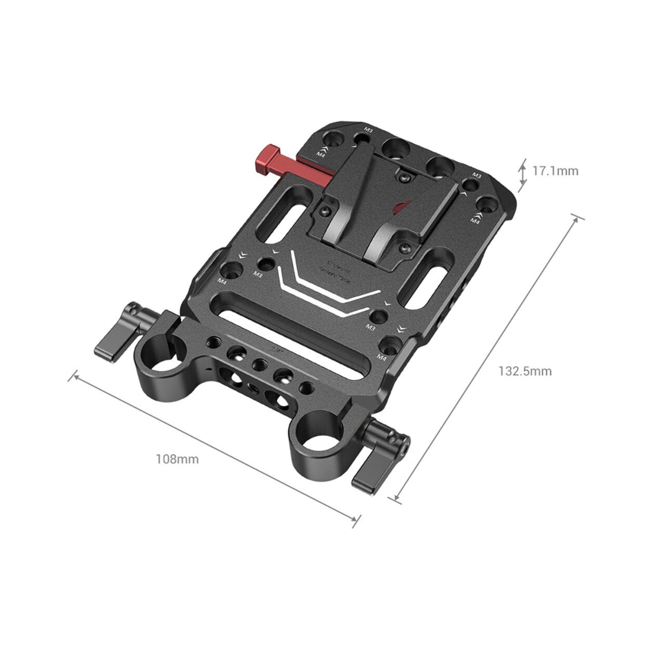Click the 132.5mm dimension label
pos(525,371)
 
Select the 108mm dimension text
pos(177,459)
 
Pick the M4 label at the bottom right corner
pos(381,358)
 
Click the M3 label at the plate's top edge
pos(368,129)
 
